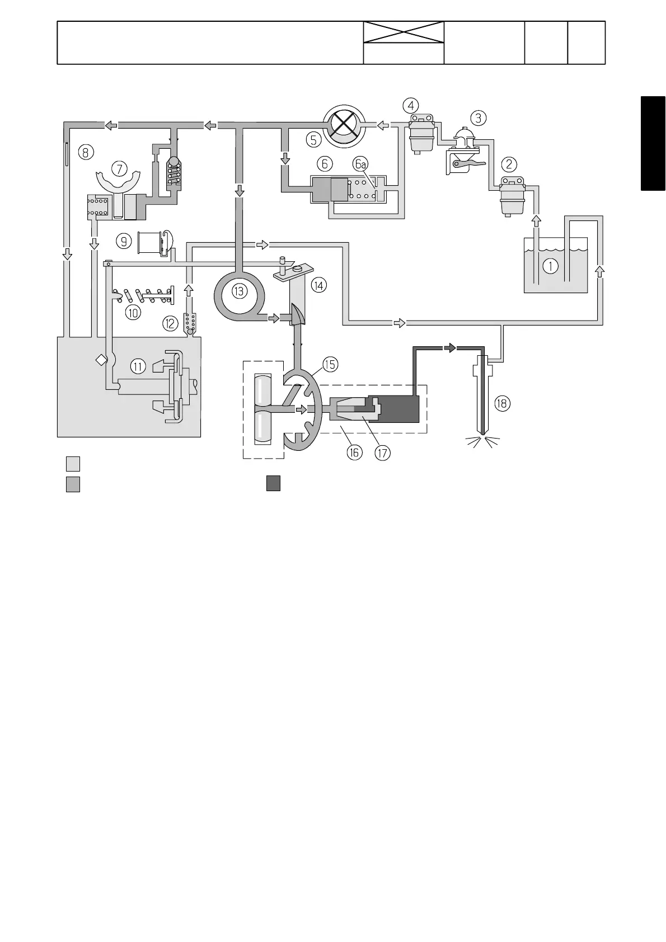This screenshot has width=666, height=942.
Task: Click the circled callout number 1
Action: tap(551, 266)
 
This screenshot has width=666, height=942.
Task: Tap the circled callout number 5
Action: tap(314, 139)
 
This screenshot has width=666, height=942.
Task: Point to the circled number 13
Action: tap(240, 291)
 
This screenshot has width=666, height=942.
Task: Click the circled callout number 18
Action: tap(503, 403)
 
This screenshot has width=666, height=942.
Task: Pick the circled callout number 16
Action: tap(354, 452)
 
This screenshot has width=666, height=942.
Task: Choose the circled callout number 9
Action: tap(124, 241)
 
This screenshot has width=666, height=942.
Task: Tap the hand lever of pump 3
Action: tap(466, 163)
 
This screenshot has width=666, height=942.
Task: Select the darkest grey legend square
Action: tap(273, 483)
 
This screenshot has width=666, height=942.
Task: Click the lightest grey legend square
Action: tap(73, 464)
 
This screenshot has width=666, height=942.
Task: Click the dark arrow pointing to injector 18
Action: tap(450, 347)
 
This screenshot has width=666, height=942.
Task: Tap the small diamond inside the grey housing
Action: tap(101, 360)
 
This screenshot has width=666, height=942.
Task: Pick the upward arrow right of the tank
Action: tap(599, 272)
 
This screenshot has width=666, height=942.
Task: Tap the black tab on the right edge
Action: tap(653, 144)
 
